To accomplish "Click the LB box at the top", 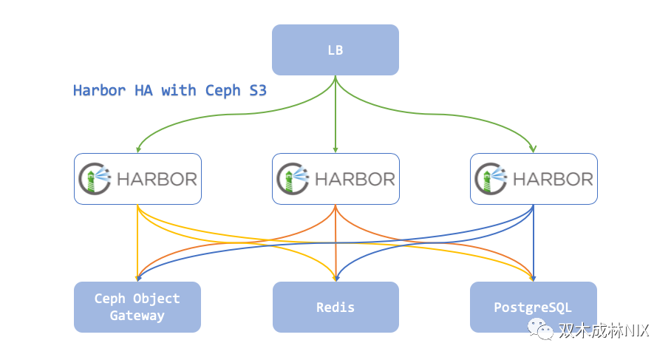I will click(x=335, y=50).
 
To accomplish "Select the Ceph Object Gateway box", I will click(x=137, y=307).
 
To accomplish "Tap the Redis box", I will click(x=335, y=307).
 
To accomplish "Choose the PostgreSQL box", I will click(x=533, y=307).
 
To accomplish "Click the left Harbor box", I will click(x=137, y=179).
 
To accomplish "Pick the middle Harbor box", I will click(x=335, y=179).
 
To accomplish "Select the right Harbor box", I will click(x=533, y=179).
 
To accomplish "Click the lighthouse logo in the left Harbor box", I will click(x=93, y=179).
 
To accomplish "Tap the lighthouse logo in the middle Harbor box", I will click(x=291, y=179).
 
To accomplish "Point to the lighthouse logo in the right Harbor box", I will click(x=489, y=179).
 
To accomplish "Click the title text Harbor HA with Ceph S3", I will click(x=169, y=90).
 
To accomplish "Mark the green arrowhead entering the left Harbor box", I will click(x=138, y=149).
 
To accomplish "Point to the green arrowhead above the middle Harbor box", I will click(x=335, y=149).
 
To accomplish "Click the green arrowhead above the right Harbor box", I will click(x=534, y=149).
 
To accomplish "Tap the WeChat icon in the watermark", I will click(x=544, y=329).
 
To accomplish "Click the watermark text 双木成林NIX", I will click(x=603, y=330).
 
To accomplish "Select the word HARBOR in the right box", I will click(x=552, y=179).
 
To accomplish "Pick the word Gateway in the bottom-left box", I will click(x=137, y=316).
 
